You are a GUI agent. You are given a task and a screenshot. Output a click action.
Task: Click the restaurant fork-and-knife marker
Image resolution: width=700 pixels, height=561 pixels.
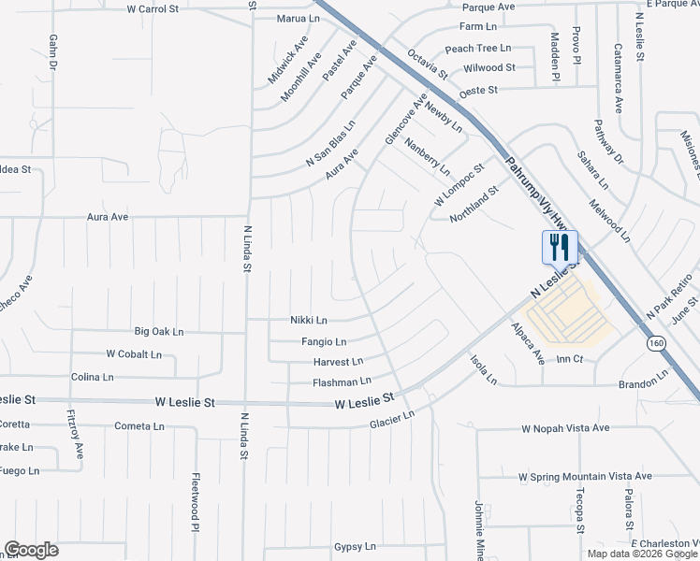(560, 248)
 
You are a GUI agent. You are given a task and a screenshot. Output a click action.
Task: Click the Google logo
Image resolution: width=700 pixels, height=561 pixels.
(31, 550)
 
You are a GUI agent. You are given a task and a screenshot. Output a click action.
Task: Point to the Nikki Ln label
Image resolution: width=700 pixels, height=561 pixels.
(308, 320)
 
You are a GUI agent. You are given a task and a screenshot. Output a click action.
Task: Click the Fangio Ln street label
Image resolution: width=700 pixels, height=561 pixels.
(324, 342)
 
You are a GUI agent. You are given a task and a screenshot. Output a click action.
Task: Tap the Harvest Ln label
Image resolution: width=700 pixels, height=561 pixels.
(339, 362)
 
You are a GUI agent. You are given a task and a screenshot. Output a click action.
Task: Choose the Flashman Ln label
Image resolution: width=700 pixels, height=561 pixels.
(342, 381)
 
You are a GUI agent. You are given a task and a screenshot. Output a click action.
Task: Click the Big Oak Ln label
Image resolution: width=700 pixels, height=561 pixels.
(159, 331)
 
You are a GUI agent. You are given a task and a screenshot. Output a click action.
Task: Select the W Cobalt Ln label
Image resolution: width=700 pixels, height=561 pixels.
(134, 354)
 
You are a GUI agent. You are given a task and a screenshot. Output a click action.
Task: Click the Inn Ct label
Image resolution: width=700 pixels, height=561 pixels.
(569, 359)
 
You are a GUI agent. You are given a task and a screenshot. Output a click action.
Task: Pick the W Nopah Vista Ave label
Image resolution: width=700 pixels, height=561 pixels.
(565, 428)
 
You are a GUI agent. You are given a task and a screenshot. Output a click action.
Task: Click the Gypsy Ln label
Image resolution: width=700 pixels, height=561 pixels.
(355, 546)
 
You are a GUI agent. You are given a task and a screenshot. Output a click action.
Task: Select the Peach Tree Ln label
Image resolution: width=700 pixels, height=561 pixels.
(478, 49)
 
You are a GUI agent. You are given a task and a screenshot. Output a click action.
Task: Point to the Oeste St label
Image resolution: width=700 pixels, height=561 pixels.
(478, 91)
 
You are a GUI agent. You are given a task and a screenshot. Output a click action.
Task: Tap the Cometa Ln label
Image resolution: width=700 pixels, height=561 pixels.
(139, 425)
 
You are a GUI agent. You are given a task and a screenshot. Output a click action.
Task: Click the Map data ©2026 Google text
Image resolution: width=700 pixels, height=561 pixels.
(642, 554)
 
